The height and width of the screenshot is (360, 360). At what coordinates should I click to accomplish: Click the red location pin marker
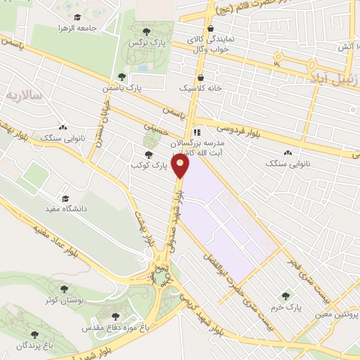tap(181, 167)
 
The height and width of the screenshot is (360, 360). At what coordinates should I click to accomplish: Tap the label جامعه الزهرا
tap(97, 29)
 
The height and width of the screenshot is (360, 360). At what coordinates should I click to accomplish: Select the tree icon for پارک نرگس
tap(146, 31)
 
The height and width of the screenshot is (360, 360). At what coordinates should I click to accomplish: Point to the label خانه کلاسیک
tap(201, 90)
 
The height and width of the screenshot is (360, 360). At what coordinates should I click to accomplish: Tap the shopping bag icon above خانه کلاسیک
tap(201, 77)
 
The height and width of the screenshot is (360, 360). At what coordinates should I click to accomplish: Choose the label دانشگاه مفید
tap(66, 209)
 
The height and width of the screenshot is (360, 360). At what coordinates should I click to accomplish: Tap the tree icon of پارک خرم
tap(285, 296)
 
